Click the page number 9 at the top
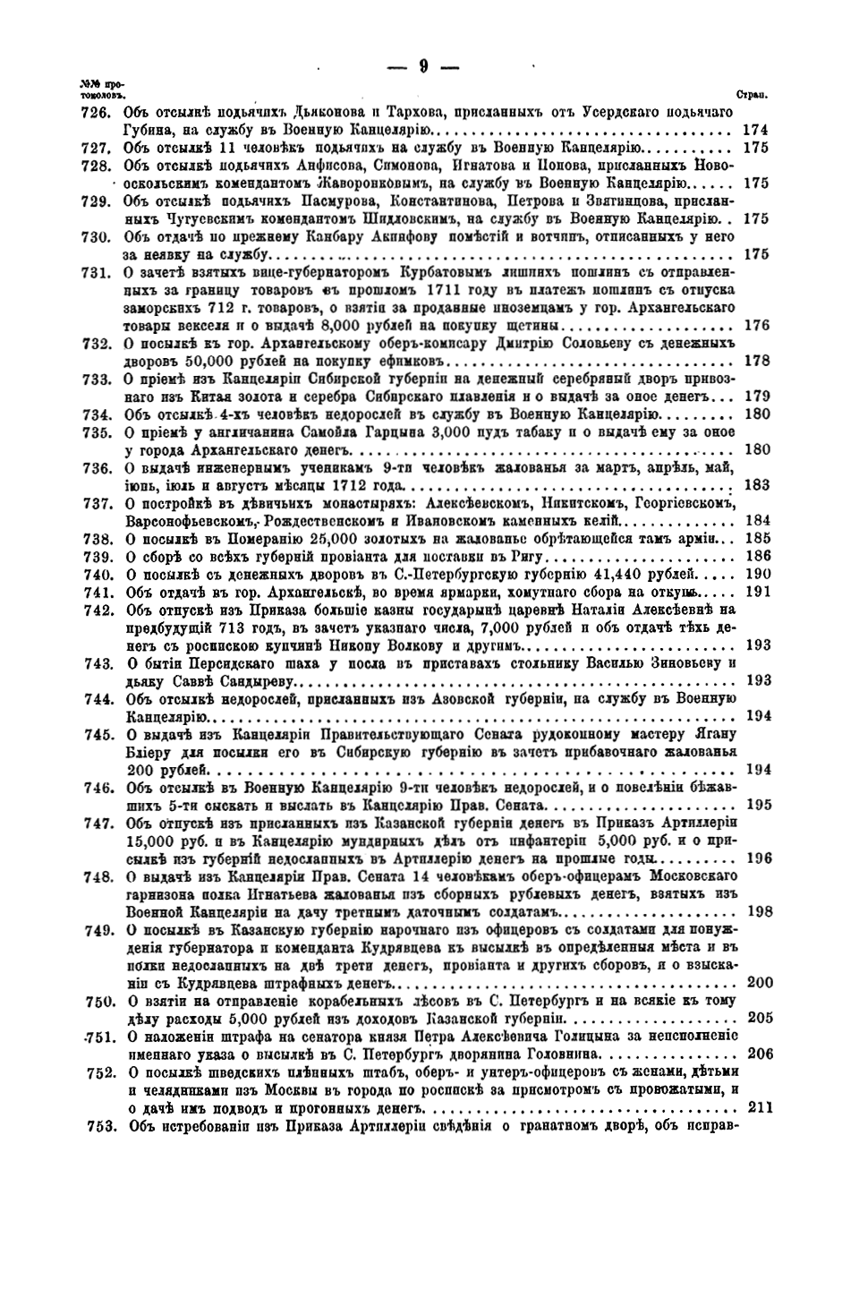pos(424,64)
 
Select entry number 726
pos(94,112)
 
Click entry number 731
pos(94,272)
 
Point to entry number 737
pos(94,503)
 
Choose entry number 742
pos(94,610)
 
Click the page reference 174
pos(756,130)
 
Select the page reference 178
pos(756,361)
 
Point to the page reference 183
pos(756,485)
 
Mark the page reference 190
pos(756,574)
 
